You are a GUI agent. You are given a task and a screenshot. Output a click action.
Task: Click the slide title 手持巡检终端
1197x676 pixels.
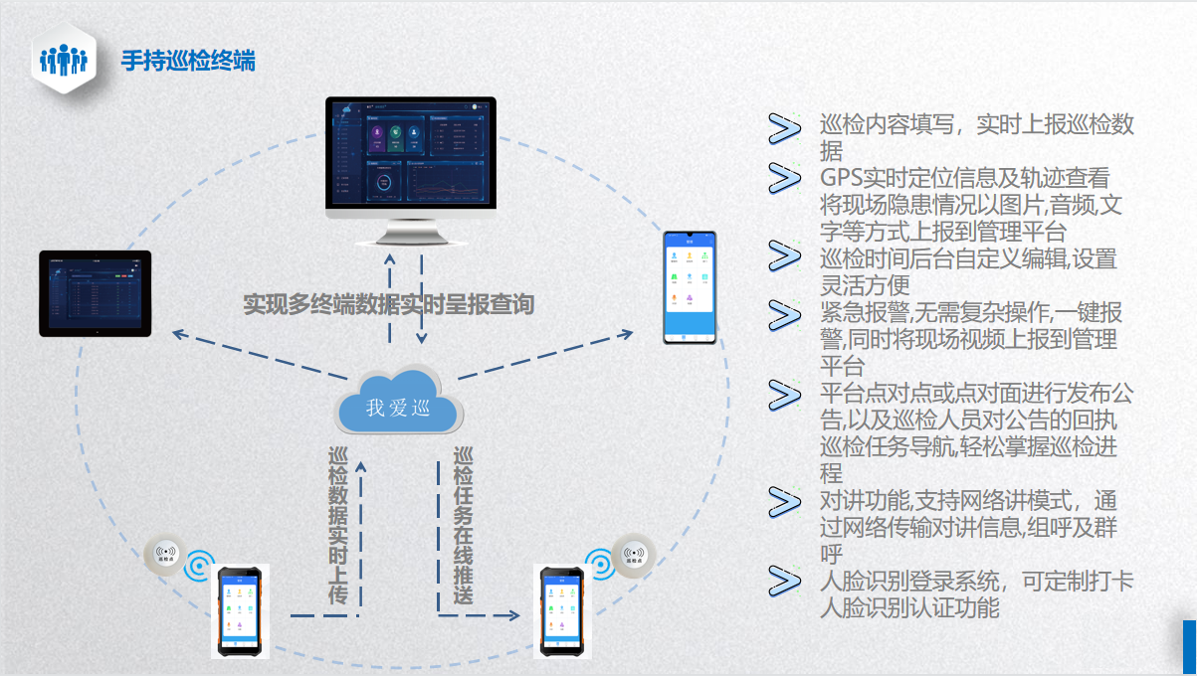click(188, 61)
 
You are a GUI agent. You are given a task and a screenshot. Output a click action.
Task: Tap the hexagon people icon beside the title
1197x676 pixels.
click(64, 60)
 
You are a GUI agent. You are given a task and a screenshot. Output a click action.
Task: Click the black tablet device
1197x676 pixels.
click(96, 293)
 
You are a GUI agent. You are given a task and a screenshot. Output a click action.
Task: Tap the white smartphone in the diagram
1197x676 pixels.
click(691, 288)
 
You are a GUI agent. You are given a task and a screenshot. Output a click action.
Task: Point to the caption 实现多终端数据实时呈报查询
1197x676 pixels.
click(389, 304)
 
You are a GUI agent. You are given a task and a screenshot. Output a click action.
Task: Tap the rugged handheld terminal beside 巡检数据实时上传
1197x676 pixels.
click(239, 610)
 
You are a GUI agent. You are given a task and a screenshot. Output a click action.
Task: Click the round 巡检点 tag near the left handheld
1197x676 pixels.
click(164, 552)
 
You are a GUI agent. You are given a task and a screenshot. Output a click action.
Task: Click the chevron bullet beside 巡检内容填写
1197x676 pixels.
click(785, 128)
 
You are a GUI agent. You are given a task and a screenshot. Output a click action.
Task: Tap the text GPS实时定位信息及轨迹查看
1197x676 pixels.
click(964, 179)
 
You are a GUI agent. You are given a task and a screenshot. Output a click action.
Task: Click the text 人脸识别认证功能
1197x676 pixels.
click(908, 606)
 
